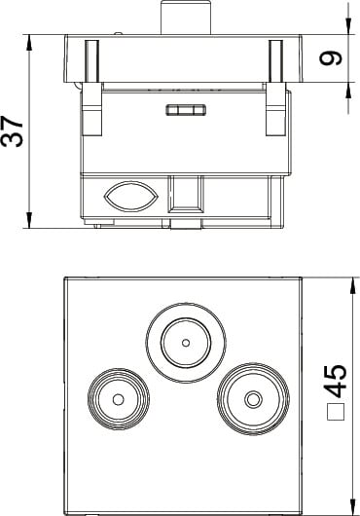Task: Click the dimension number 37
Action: (x=12, y=131)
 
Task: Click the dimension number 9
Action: (x=331, y=58)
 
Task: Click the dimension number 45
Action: (x=336, y=381)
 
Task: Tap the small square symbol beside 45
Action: (x=336, y=412)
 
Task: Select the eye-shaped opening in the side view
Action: (x=131, y=197)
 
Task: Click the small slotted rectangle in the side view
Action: (x=186, y=110)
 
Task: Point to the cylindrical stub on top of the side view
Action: (x=186, y=18)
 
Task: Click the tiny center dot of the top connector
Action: (x=186, y=343)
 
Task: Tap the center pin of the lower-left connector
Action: (x=118, y=399)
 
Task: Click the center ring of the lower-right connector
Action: (x=253, y=399)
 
